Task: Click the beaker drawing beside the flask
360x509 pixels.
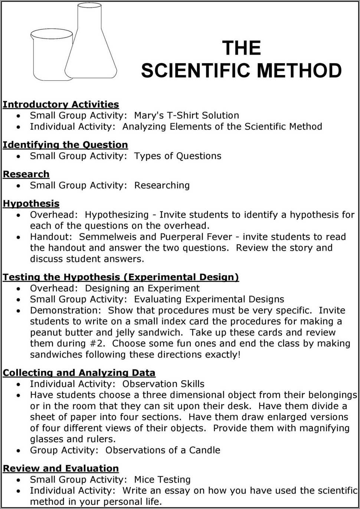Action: [x=50, y=56]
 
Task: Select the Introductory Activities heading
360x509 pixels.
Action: [x=61, y=105]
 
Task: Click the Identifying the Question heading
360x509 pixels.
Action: [x=65, y=145]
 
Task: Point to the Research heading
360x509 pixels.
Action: [x=26, y=174]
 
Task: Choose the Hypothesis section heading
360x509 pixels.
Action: [x=31, y=203]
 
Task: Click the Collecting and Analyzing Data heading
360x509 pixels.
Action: [x=79, y=373]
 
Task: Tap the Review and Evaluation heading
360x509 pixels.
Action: [x=61, y=469]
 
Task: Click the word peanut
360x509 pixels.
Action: [x=46, y=333]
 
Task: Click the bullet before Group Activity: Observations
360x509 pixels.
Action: [x=19, y=451]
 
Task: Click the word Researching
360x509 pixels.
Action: [x=162, y=185]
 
